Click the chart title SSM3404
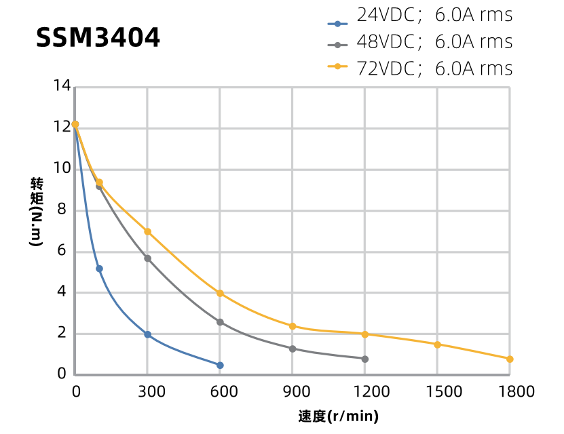[98, 38]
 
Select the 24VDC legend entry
[420, 15]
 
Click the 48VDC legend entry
[420, 42]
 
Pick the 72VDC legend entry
[420, 68]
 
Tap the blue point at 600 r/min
[220, 365]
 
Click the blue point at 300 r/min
[147, 335]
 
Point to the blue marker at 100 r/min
[99, 269]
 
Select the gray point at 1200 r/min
[364, 359]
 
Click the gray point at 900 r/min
[293, 349]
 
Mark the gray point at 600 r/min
[220, 322]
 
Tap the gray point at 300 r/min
[147, 258]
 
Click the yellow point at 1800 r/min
[510, 359]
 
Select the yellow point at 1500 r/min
[437, 344]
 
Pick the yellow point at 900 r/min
[293, 326]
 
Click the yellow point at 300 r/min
[147, 231]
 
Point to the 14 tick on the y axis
[62, 86]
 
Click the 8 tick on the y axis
[62, 210]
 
